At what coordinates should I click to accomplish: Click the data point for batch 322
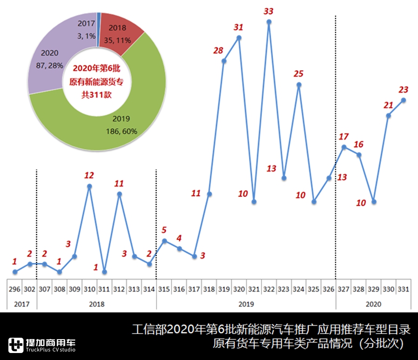click(269, 22)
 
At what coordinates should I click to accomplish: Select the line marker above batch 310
click(89, 186)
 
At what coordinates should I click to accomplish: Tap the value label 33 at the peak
click(268, 10)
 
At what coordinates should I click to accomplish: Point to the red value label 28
click(218, 51)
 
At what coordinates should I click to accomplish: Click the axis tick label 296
click(14, 289)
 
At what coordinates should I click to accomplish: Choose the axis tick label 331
click(403, 289)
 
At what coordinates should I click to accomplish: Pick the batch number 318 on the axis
click(209, 289)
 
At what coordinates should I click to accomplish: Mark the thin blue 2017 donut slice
click(99, 17)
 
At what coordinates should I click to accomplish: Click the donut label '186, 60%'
click(120, 131)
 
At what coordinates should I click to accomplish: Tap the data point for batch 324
click(299, 85)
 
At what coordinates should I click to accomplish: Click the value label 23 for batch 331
click(403, 90)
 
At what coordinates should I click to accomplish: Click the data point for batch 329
click(373, 202)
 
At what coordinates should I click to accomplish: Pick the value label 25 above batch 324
click(298, 73)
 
